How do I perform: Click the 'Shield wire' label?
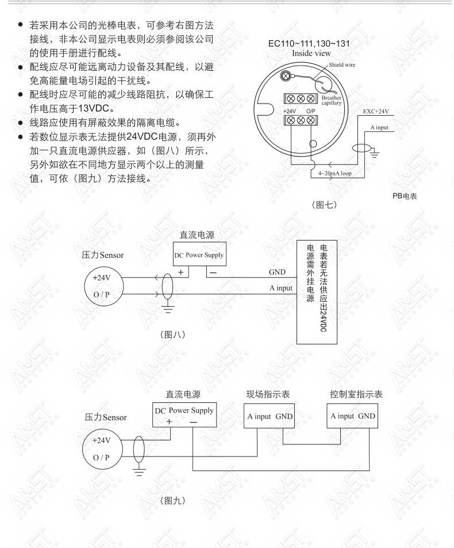(x=341, y=64)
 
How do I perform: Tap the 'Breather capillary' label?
(x=332, y=100)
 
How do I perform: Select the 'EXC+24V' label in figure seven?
(x=376, y=112)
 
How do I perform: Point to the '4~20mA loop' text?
(x=334, y=173)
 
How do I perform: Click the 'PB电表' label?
(x=405, y=196)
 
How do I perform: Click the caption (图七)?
(x=324, y=205)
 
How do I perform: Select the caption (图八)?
(x=173, y=334)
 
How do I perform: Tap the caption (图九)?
(x=173, y=500)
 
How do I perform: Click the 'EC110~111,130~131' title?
(x=309, y=44)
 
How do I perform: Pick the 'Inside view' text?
(x=311, y=54)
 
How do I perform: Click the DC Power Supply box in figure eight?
(x=199, y=254)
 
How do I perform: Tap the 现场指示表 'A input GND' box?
(x=269, y=416)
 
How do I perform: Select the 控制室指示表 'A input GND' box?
(x=352, y=416)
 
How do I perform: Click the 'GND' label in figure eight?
(x=277, y=272)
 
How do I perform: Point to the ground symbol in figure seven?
(x=374, y=153)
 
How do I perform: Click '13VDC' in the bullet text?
(x=94, y=108)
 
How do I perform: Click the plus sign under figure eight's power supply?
(x=180, y=272)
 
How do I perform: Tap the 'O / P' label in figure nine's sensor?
(x=101, y=458)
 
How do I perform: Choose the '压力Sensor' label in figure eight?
(x=103, y=255)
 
